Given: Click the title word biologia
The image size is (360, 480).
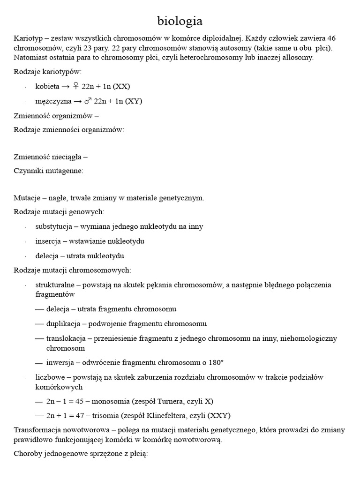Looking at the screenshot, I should pos(180,21).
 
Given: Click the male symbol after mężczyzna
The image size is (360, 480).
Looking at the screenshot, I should pos(89,101).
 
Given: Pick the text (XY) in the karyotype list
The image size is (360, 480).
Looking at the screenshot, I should pos(133,101).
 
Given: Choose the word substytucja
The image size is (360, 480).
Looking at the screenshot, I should pos(53,226).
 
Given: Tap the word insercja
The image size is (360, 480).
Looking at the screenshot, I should pos(48,241).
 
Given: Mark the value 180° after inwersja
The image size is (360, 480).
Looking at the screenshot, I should pos(215,362).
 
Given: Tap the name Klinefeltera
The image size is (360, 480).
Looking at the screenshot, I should pos(179,416).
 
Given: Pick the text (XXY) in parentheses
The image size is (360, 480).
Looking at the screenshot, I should pos(220,416).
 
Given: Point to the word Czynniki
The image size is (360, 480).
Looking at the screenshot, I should pos(28,171).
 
